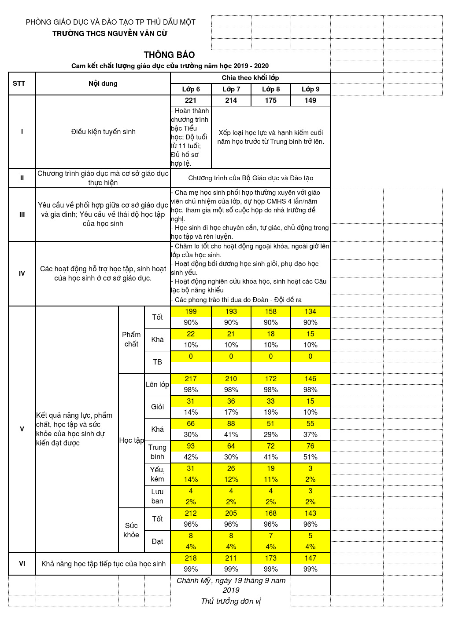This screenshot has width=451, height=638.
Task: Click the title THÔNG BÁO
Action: tap(169, 55)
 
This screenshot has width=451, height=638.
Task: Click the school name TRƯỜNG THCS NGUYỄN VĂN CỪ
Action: tap(110, 33)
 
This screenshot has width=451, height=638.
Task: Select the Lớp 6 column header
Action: tap(191, 89)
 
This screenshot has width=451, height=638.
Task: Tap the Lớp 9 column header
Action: tap(311, 89)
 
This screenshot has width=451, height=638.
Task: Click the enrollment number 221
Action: tap(191, 101)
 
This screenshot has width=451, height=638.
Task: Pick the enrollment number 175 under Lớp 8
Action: tap(271, 101)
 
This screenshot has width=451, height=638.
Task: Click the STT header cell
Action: tap(19, 84)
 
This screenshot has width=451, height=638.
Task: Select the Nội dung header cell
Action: tap(103, 84)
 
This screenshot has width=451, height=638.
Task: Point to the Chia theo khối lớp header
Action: tap(250, 78)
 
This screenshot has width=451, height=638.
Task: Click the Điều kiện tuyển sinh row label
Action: tap(103, 132)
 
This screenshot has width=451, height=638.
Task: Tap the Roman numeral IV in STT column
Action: tap(22, 273)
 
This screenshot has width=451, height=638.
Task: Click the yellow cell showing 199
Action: tap(191, 312)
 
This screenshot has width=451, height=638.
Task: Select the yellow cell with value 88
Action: tap(231, 424)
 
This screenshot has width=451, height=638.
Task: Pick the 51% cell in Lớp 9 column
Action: tap(311, 457)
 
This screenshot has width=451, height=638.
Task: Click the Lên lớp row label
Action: tap(157, 385)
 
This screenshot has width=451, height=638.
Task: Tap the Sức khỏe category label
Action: tap(131, 530)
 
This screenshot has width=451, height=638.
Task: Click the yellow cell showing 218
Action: tap(191, 558)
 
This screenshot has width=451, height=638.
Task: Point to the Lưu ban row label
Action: tap(157, 496)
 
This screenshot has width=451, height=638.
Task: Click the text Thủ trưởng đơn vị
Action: tap(231, 602)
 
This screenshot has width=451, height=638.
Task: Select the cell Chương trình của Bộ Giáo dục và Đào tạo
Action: tap(251, 178)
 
